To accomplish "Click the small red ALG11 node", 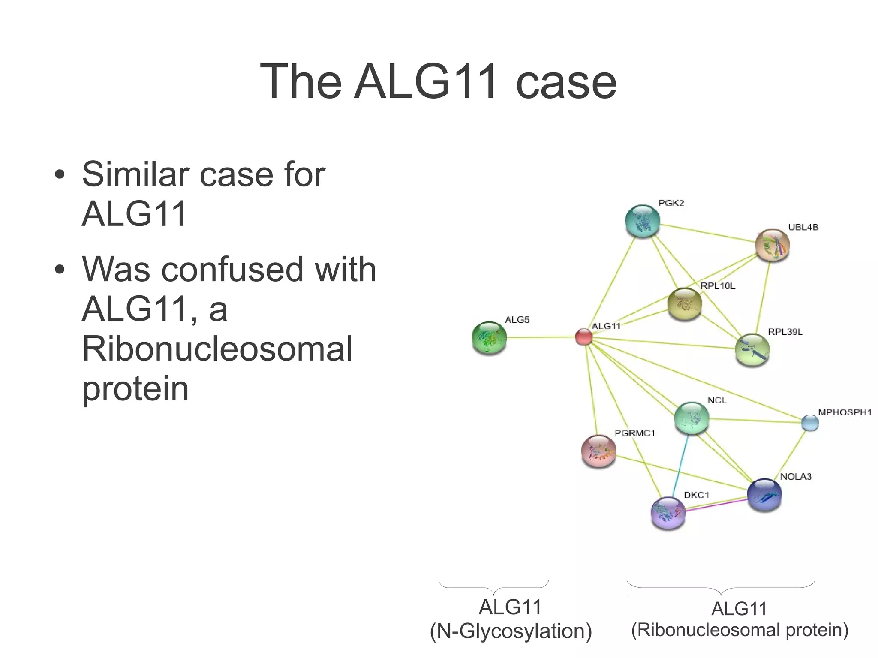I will point(583,337).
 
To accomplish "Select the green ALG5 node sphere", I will point(489,338).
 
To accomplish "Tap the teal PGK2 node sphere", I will point(642,221).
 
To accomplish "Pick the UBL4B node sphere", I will point(772,245).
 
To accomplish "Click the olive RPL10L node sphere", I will point(685,304).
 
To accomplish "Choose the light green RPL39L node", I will point(752,350).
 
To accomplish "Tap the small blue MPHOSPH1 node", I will point(810,423).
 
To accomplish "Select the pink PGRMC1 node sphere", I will point(598,451).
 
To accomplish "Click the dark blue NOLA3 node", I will point(764,495).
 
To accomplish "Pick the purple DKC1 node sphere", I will point(668,513).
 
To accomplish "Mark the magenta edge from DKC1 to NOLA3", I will point(716,505).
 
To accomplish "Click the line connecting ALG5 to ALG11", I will point(540,337).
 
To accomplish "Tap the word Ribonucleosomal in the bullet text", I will point(217,349).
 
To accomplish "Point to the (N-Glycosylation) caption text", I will point(511,631).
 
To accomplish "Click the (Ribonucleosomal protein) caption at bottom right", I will point(740,630).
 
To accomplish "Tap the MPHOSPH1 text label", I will point(844,412).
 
